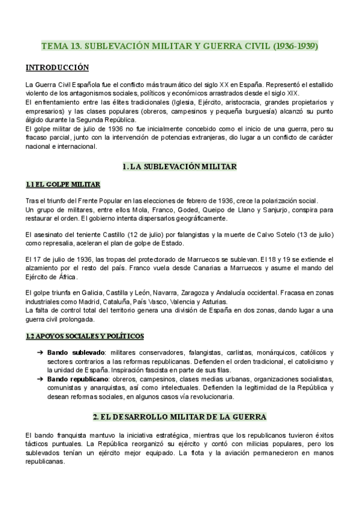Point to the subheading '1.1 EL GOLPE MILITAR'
point(63,184)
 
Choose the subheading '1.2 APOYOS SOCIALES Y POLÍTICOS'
point(84,336)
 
